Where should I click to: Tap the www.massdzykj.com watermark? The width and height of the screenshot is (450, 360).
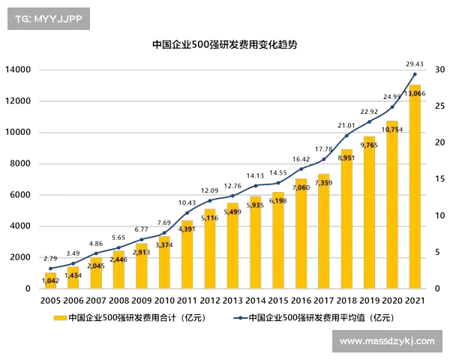[386, 341]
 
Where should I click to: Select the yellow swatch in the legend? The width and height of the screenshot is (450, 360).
[60, 318]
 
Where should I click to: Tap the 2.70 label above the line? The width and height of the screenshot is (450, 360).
[50, 258]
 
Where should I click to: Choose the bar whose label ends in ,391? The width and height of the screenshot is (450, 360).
[187, 255]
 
